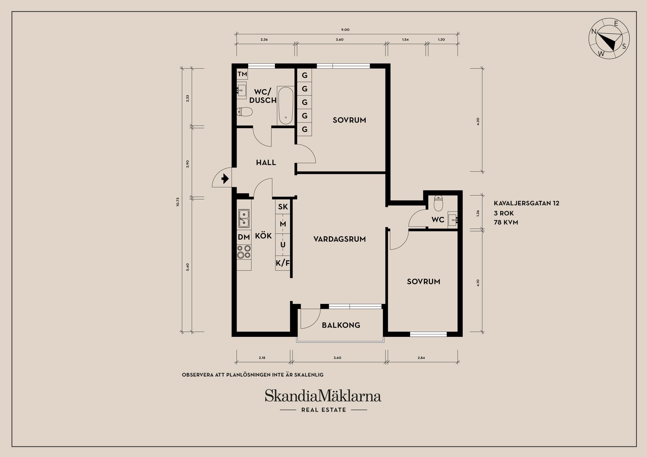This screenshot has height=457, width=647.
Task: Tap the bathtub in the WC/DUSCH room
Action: [286, 105]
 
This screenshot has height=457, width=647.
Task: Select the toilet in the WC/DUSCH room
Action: [244, 111]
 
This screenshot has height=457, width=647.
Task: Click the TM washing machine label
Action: [242, 74]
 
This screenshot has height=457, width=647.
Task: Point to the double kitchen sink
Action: [244, 218]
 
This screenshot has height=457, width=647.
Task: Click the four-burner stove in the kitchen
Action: [244, 252]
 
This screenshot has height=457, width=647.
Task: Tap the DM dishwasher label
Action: [244, 237]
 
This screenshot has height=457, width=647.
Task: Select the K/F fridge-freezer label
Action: [283, 263]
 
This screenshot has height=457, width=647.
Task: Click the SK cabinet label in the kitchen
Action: [283, 206]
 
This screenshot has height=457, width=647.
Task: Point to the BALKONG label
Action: [341, 325]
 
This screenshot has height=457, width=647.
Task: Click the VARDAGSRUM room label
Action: [340, 239]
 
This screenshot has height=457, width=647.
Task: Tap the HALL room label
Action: [266, 163]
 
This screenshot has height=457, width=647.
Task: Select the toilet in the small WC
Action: [438, 203]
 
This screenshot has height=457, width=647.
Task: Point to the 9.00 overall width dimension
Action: [345, 30]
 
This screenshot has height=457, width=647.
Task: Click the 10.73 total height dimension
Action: [178, 202]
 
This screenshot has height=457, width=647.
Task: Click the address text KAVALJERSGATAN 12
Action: [527, 203]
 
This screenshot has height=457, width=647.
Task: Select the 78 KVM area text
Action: [506, 222]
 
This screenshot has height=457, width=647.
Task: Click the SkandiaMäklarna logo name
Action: [323, 396]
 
